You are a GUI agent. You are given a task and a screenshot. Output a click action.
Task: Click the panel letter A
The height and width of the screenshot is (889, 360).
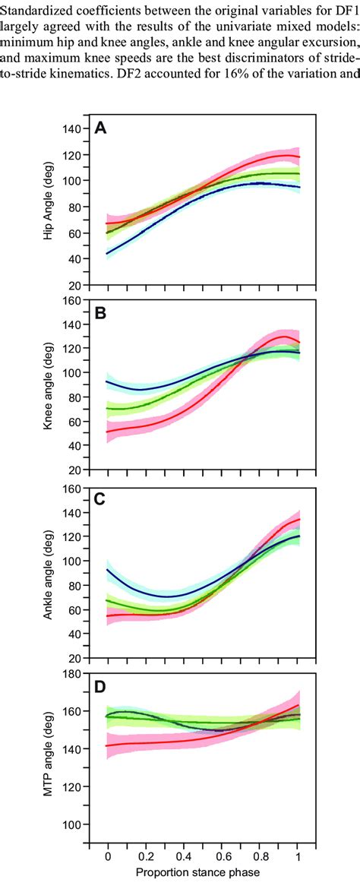(99, 129)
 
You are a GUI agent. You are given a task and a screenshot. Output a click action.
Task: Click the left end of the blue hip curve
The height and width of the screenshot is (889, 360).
(108, 254)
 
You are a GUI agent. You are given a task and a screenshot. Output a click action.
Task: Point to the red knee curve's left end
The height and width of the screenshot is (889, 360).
(108, 432)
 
